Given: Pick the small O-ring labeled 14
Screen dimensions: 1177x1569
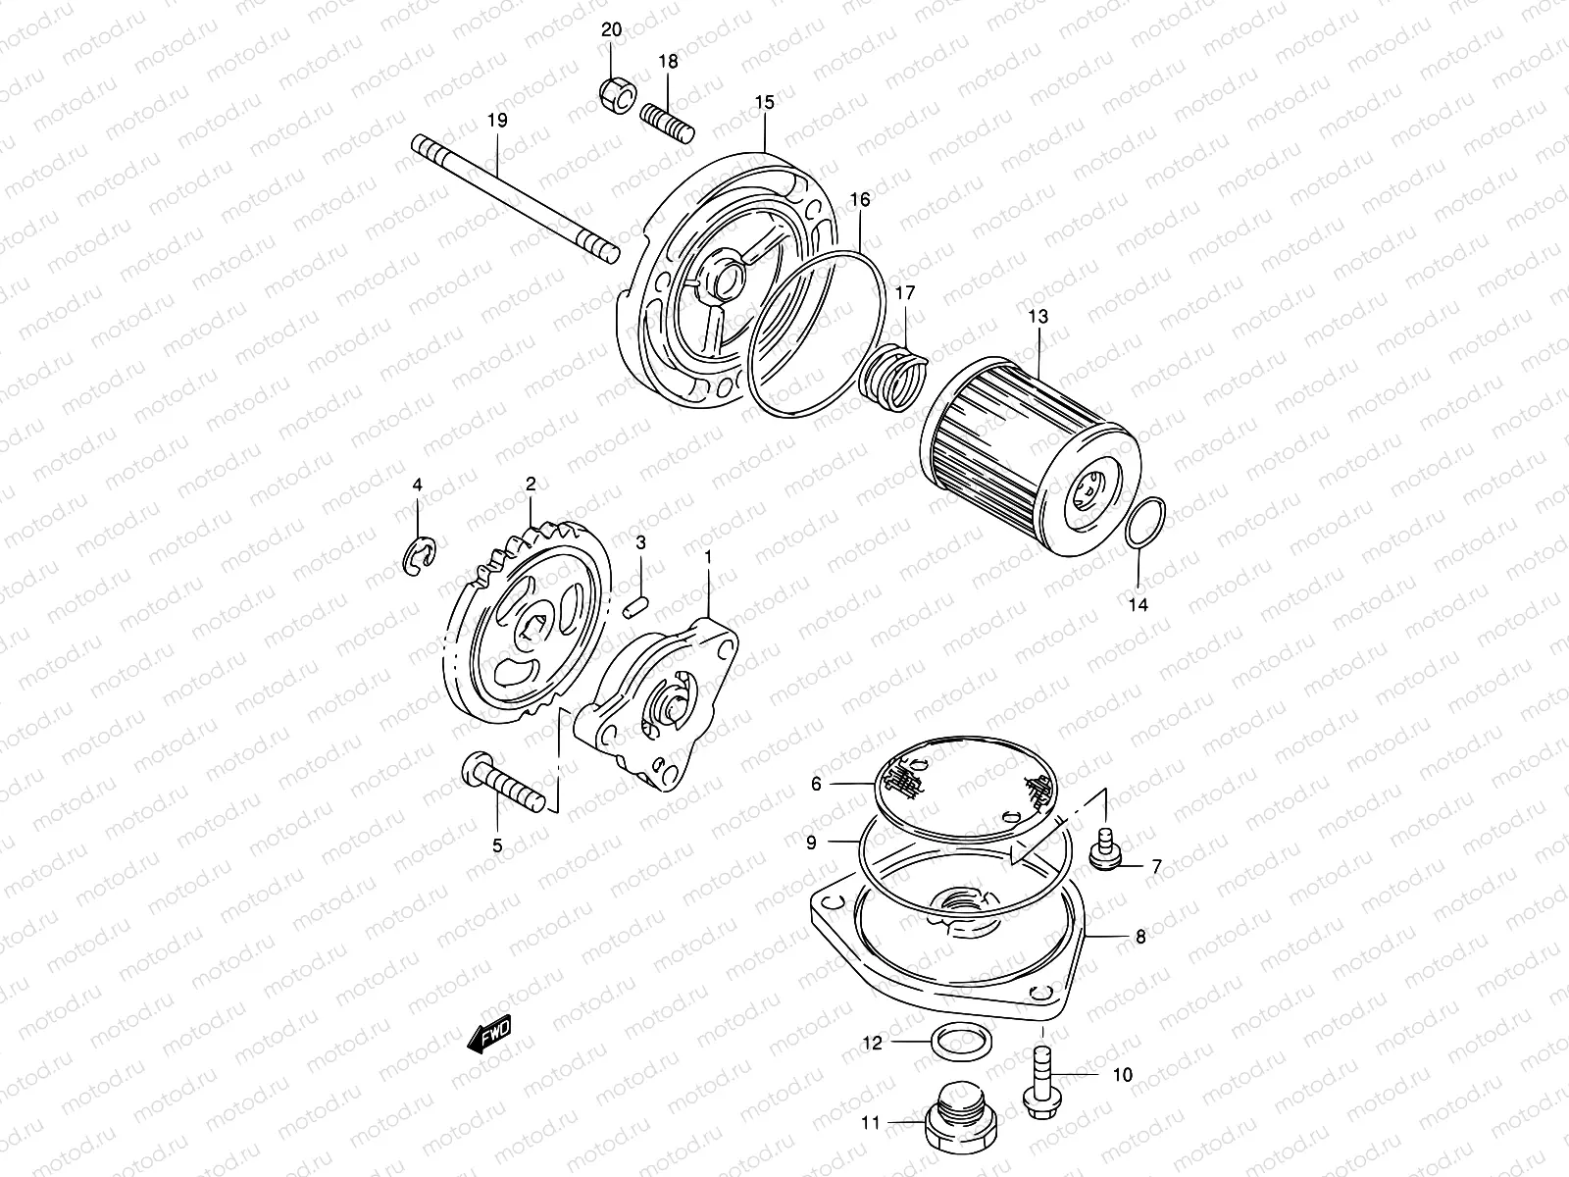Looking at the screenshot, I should click(x=1145, y=522).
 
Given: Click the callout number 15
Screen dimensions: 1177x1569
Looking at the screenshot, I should click(x=765, y=102).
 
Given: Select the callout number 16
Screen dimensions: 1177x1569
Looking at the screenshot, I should click(x=859, y=200).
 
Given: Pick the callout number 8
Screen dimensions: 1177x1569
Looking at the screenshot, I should click(x=1140, y=937).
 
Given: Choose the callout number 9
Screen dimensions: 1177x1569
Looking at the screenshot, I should click(x=811, y=842).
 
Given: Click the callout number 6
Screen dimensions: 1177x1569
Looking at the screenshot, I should click(x=815, y=784).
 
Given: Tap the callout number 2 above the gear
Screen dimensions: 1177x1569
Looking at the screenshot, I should click(x=531, y=484).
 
